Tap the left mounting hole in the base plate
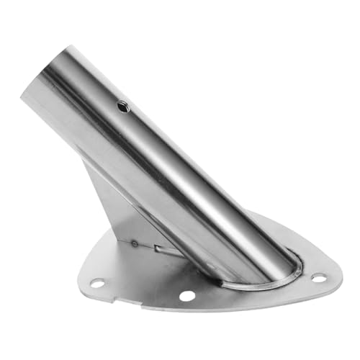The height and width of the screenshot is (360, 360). pos(96,283)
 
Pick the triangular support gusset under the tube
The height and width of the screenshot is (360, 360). pos(122,209)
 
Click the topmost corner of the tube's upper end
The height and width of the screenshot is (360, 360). pos(72,48)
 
